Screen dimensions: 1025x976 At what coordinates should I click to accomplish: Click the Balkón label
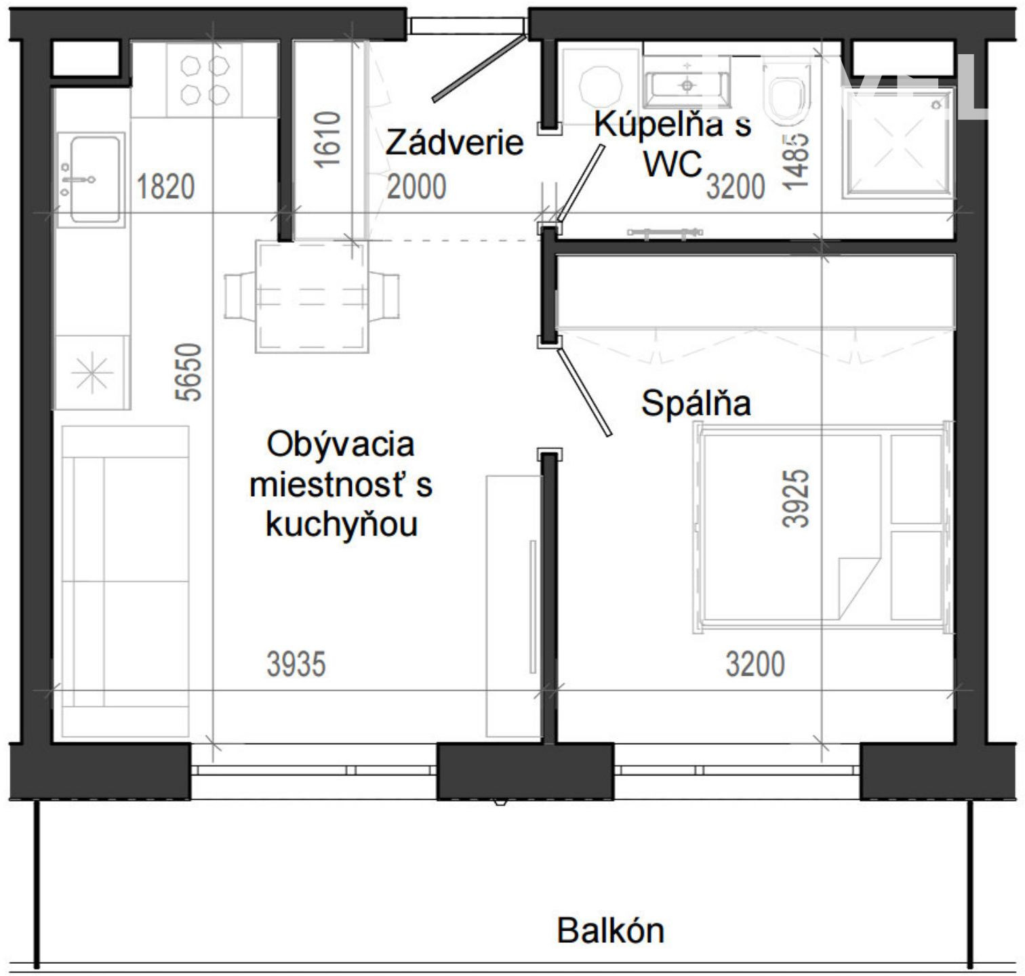pos(610,931)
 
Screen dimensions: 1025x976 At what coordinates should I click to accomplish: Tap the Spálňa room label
pos(696,404)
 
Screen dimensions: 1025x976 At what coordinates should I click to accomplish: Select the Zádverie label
pos(454,143)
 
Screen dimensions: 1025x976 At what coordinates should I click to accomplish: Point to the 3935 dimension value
pos(296,664)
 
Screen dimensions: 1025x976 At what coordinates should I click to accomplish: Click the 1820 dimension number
pos(165,186)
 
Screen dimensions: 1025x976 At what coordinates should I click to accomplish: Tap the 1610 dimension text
pos(327,139)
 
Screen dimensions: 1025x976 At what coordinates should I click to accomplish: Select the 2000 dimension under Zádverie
pos(416,186)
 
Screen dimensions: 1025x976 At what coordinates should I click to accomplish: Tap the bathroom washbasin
pos(687,82)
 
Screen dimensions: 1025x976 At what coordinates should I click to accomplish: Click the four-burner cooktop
pos(204,80)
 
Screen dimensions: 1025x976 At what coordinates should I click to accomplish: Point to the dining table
pos(312,297)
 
